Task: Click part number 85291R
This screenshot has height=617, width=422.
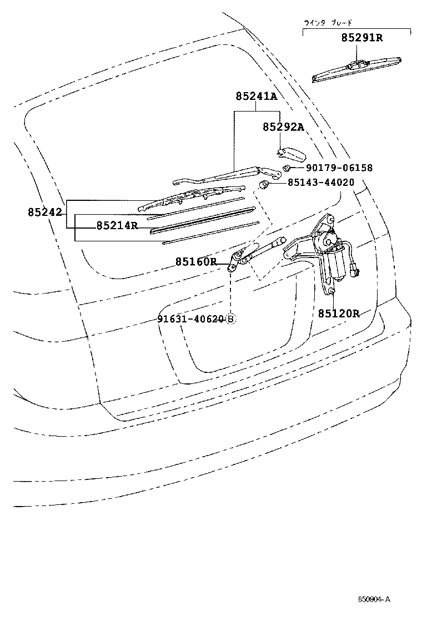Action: click(361, 38)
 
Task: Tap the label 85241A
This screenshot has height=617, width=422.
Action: click(256, 97)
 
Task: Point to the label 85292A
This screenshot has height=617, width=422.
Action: click(283, 127)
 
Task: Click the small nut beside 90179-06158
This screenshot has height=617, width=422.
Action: click(287, 168)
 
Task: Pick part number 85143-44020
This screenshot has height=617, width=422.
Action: click(321, 182)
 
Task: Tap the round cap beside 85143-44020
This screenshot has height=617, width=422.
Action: click(266, 184)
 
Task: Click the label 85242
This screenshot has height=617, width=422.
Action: click(46, 212)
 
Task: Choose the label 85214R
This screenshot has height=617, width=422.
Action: click(117, 225)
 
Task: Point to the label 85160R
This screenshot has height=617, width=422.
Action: click(196, 261)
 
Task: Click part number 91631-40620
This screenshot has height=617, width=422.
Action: click(190, 319)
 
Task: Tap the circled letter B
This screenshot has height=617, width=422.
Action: click(230, 319)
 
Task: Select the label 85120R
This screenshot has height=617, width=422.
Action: click(339, 313)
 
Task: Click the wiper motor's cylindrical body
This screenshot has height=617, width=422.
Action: click(335, 266)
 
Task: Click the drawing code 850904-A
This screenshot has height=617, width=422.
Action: click(374, 599)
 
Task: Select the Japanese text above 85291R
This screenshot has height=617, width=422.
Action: click(328, 23)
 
